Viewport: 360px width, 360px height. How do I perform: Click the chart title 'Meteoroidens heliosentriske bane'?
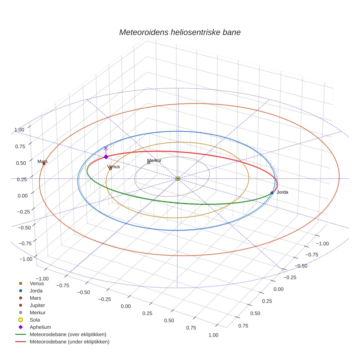[x=180, y=32]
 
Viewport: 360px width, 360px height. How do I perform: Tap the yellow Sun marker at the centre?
[x=177, y=179]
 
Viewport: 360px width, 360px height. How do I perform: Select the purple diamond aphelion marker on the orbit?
[x=106, y=157]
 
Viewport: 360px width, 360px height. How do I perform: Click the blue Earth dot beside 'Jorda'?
[x=272, y=193]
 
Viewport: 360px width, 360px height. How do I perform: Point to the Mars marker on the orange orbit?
[x=44, y=164]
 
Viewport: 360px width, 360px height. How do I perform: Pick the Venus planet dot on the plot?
[x=110, y=169]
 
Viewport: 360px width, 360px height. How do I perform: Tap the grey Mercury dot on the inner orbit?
[x=149, y=163]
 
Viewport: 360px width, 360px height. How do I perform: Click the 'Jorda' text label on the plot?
[x=282, y=192]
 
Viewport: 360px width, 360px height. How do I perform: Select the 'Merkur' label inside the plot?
[x=154, y=160]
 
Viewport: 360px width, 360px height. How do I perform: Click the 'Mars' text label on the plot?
[x=42, y=161]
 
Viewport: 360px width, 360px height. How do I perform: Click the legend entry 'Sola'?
[x=35, y=320]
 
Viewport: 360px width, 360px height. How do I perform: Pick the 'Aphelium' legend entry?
[x=40, y=327]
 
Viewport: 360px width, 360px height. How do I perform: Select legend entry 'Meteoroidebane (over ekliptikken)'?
[x=68, y=334]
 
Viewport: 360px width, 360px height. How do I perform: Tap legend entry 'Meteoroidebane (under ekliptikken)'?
[x=69, y=342]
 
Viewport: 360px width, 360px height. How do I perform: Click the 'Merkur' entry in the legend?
[x=37, y=312]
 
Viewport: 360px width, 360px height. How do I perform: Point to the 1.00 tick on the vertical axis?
[x=19, y=130]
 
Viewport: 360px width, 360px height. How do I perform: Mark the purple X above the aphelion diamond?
[x=106, y=148]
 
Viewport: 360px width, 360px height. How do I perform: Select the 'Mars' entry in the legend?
[x=35, y=298]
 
